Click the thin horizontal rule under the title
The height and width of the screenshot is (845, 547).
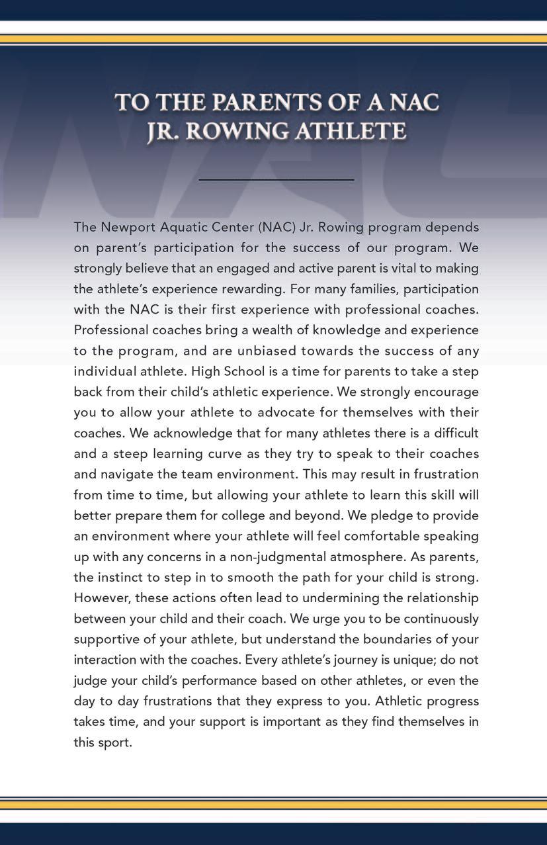point(276,179)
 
